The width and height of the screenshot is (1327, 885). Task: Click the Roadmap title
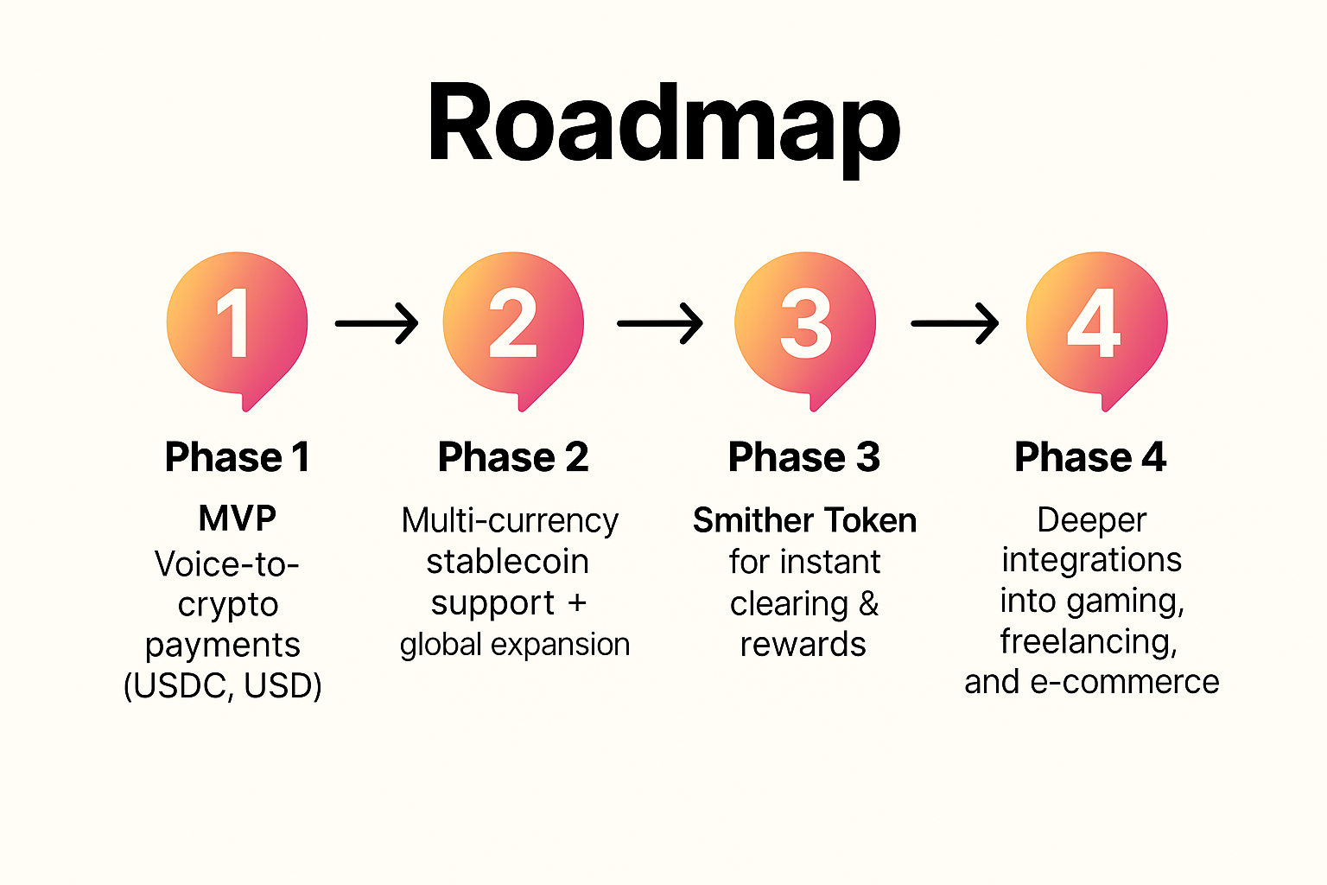click(663, 127)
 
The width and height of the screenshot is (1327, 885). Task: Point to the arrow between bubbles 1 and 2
click(377, 323)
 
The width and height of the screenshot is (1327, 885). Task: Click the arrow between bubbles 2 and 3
click(660, 323)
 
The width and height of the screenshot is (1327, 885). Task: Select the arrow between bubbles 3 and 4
click(955, 323)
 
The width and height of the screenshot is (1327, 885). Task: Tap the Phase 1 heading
click(237, 457)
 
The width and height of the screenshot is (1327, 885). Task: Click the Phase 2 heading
click(513, 457)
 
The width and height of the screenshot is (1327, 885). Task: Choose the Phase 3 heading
click(804, 457)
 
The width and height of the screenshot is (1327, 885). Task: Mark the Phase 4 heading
click(1090, 457)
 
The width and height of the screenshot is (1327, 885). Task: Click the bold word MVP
click(237, 519)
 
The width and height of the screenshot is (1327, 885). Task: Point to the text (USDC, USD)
click(223, 686)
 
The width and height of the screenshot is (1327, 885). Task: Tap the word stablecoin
click(508, 562)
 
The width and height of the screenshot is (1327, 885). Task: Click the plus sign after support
click(576, 604)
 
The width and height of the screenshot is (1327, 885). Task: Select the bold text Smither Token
click(804, 520)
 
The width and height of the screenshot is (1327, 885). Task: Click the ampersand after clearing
click(868, 603)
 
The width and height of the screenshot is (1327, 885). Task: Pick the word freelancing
click(1089, 642)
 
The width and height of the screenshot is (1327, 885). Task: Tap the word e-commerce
click(1124, 682)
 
